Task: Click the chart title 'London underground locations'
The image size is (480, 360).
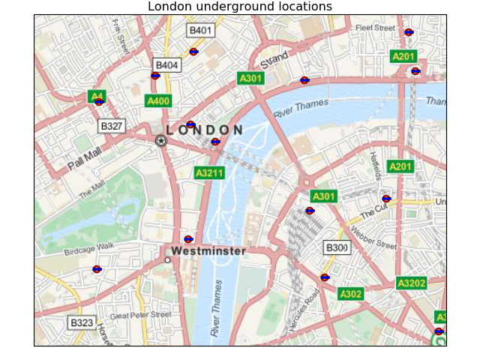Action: pos(239,7)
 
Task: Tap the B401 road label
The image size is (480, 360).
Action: pos(200,30)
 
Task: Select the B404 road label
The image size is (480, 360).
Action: pos(166,65)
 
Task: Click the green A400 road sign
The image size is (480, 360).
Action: pos(158,100)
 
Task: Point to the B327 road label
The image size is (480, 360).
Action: pos(112,125)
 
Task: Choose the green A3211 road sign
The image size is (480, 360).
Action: pos(209,172)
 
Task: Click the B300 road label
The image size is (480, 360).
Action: pos(337,247)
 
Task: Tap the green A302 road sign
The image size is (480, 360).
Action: pos(350,294)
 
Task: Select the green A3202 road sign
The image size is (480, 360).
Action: pos(411,283)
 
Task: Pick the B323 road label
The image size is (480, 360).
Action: pos(81,323)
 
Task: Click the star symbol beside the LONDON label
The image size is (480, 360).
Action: pos(160,140)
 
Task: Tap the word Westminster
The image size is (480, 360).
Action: pos(208,251)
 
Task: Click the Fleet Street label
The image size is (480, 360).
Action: pos(375,28)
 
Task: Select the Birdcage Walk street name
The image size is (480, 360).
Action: pos(88,248)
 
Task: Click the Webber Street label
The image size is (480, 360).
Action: pos(373,240)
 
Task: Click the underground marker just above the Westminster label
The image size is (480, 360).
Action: pos(188,239)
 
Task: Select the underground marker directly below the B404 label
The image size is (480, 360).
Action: pos(155,75)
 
